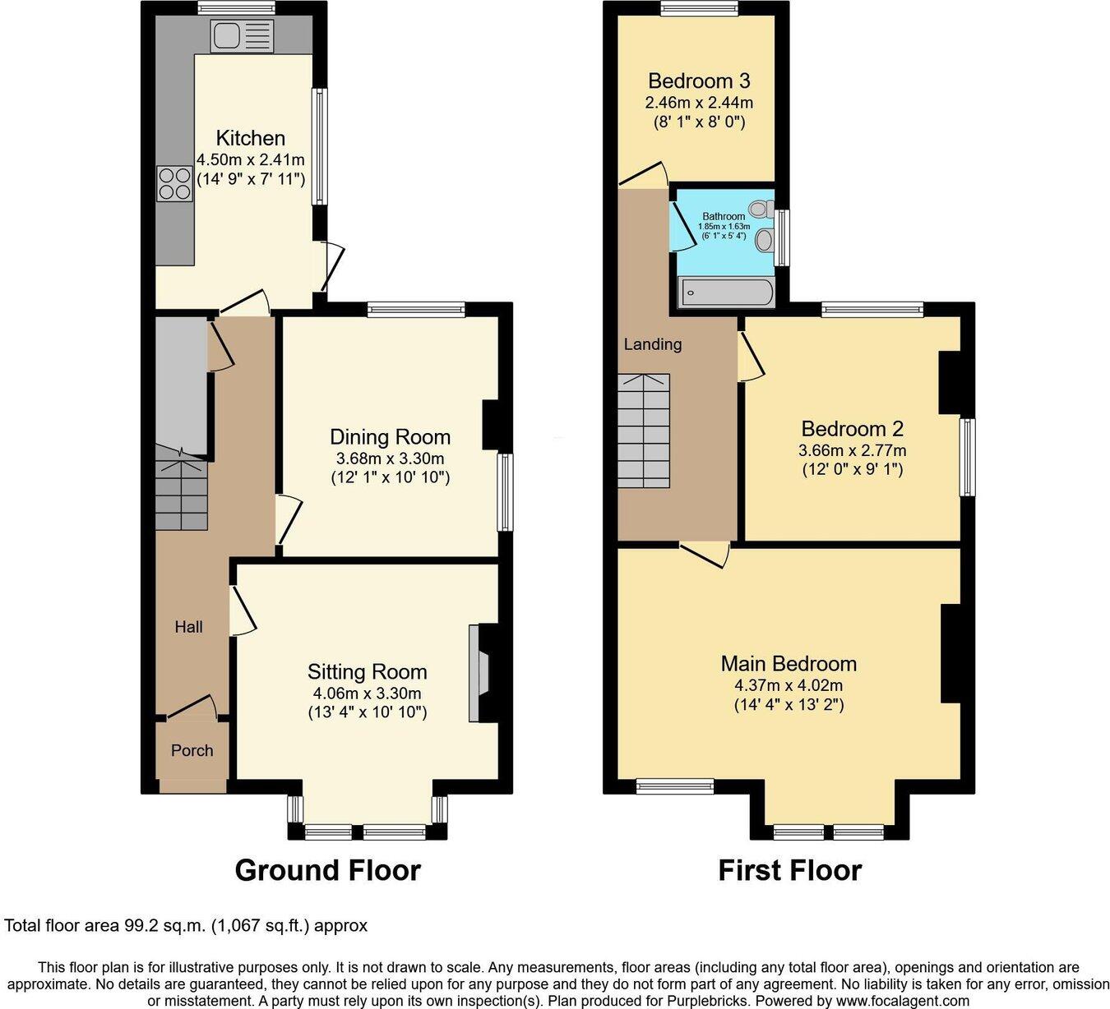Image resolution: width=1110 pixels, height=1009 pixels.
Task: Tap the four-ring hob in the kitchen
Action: [x=174, y=183]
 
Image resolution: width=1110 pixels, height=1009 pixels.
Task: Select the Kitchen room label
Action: [x=250, y=138]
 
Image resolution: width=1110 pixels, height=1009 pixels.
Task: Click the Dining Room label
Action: [x=390, y=437]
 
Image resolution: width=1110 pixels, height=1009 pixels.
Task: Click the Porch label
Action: [x=192, y=750]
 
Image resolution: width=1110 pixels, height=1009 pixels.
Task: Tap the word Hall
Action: [x=188, y=627]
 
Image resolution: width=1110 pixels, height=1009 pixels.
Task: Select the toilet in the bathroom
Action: [x=761, y=209]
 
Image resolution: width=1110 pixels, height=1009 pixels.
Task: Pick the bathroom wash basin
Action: [x=765, y=240]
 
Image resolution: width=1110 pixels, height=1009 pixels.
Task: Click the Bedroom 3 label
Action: [x=698, y=81]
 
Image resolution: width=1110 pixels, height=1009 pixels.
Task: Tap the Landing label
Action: [x=652, y=344]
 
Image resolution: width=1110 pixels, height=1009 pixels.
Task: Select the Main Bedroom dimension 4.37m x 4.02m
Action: [x=789, y=685]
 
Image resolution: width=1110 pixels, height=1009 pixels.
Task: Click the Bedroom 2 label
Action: [x=852, y=428]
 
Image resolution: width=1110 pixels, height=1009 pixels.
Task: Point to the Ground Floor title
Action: [x=327, y=870]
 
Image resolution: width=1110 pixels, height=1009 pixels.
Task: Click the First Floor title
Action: [x=789, y=870]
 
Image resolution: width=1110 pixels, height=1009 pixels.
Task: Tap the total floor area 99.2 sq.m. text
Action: [x=186, y=925]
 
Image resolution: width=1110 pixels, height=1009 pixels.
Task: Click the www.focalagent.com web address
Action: [x=902, y=1001]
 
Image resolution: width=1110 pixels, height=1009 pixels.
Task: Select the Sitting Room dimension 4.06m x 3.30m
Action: [x=367, y=693]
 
